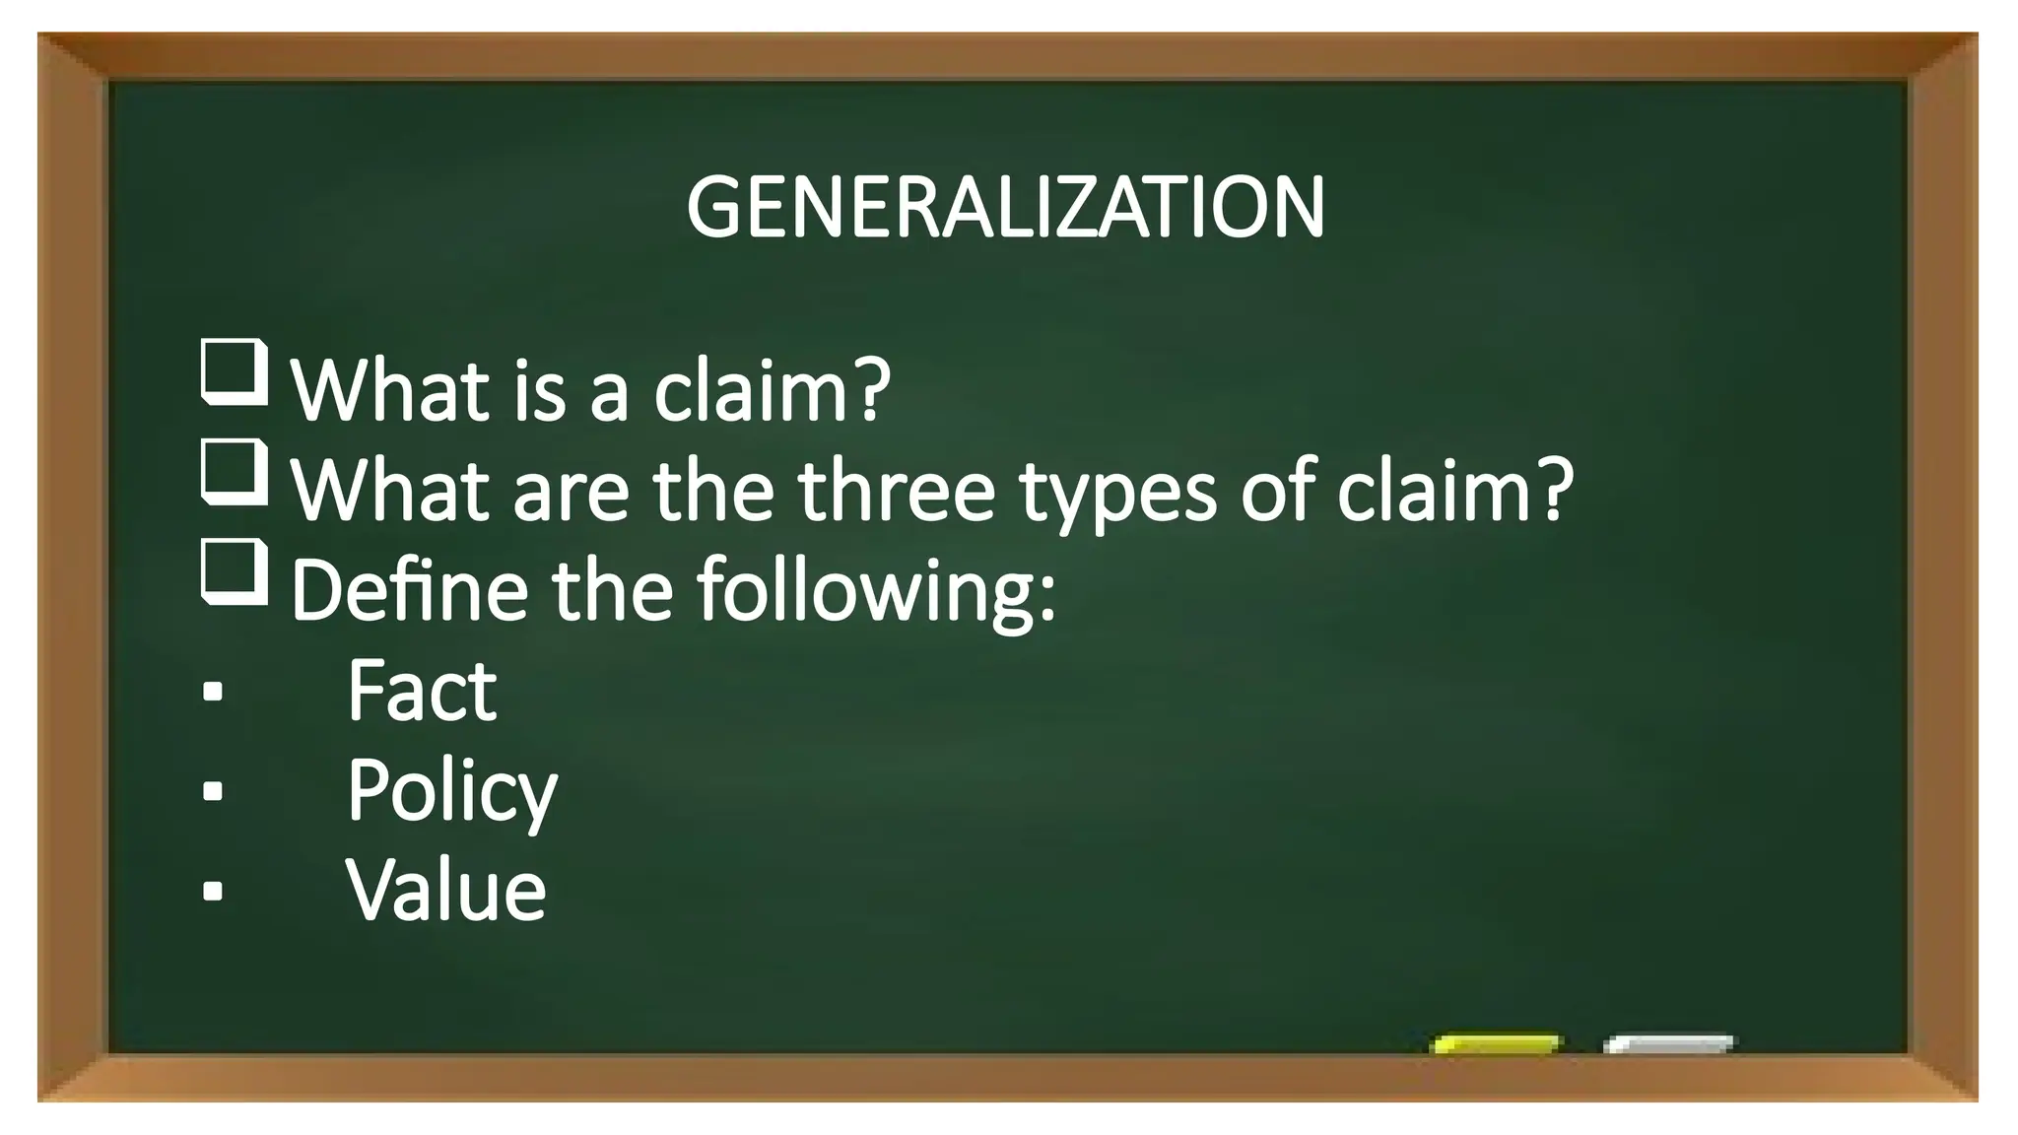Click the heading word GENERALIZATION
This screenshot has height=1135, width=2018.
click(1005, 208)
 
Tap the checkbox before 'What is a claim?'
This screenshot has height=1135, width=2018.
click(235, 371)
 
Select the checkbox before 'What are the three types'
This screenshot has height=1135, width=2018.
click(235, 472)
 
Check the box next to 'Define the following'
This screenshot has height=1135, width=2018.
click(235, 570)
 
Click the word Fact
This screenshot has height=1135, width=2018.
click(422, 691)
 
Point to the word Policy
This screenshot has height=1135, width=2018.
click(451, 791)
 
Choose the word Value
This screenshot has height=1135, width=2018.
click(445, 890)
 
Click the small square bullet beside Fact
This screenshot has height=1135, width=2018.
click(212, 692)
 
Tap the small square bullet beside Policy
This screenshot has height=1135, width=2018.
click(212, 791)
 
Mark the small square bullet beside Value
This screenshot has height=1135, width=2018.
click(212, 891)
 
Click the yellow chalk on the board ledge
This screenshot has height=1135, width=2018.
click(1496, 1044)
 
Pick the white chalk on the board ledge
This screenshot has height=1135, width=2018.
click(1668, 1044)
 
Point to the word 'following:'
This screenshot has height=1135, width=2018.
click(876, 591)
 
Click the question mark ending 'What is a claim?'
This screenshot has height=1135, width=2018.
click(869, 390)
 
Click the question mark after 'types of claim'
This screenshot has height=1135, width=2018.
click(1551, 490)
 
